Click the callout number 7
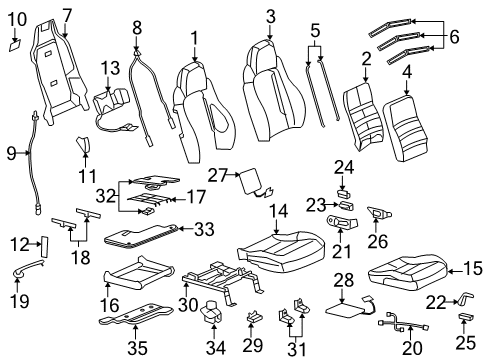[x=67, y=14]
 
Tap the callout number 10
[x=17, y=18]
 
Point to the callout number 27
[x=227, y=175]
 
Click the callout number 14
[x=275, y=211]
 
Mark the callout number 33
[x=203, y=229]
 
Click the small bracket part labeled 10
[x=15, y=43]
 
